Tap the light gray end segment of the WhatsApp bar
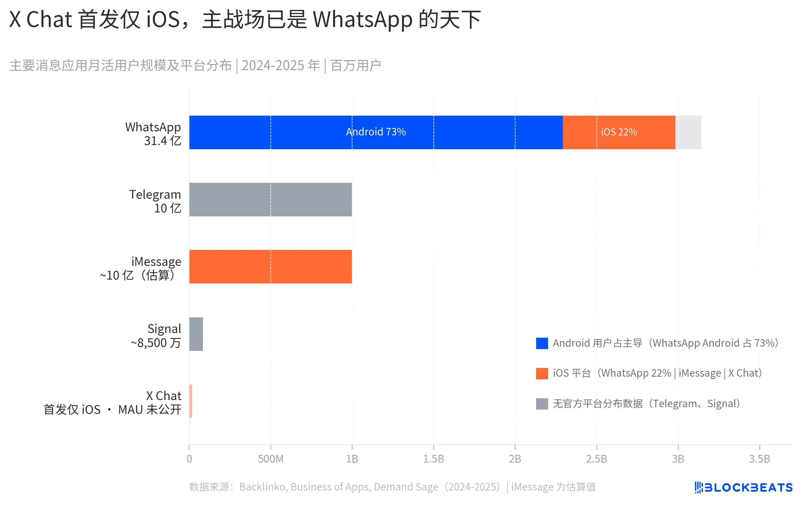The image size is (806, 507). (x=689, y=132)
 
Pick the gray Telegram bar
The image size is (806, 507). (x=270, y=200)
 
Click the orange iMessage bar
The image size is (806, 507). (x=270, y=267)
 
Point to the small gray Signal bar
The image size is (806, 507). (x=196, y=334)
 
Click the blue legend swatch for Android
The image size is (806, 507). (x=542, y=343)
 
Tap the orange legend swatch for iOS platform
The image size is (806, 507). (x=542, y=373)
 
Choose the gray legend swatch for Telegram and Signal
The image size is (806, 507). (x=542, y=404)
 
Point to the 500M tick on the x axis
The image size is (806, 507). (x=270, y=459)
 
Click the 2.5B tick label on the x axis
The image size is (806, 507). (x=596, y=459)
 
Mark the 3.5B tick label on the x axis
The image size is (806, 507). (x=759, y=459)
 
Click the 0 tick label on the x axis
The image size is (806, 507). (x=189, y=459)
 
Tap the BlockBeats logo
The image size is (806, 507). (x=743, y=487)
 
